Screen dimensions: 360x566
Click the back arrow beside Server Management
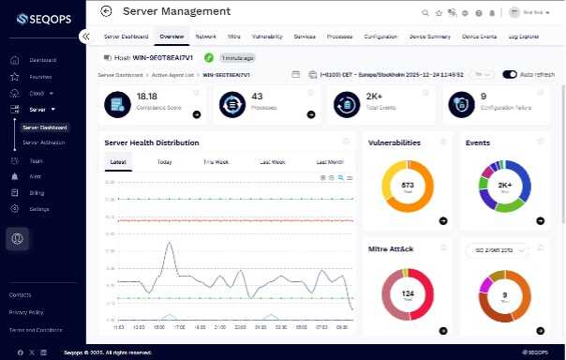click(106, 11)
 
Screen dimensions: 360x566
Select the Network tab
click(205, 36)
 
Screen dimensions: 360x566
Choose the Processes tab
click(340, 36)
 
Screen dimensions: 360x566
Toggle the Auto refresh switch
click(510, 74)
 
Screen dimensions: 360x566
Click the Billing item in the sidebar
click(37, 192)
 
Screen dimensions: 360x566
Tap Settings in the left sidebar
click(38, 208)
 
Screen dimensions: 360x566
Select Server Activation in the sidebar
click(44, 142)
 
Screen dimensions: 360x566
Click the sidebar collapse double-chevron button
click(85, 36)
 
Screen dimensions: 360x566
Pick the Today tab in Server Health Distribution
click(164, 162)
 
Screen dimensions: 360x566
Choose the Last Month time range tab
click(329, 162)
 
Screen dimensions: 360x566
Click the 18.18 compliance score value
click(147, 96)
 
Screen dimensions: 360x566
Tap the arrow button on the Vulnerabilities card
click(442, 221)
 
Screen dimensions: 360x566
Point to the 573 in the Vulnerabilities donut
click(407, 185)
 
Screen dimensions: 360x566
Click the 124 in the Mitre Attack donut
click(407, 294)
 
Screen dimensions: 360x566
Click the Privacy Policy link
click(26, 312)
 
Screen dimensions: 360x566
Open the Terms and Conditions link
click(35, 330)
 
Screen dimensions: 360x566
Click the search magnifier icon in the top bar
click(424, 12)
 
